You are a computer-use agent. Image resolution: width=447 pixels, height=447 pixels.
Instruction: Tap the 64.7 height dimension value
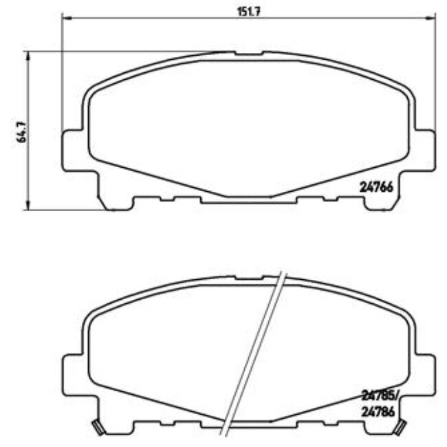(22, 130)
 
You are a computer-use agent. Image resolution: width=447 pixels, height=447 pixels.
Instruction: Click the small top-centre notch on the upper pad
(248, 53)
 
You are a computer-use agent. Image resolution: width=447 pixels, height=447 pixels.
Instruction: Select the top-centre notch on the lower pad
(248, 278)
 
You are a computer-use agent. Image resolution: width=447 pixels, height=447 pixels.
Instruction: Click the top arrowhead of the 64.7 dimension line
(28, 54)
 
